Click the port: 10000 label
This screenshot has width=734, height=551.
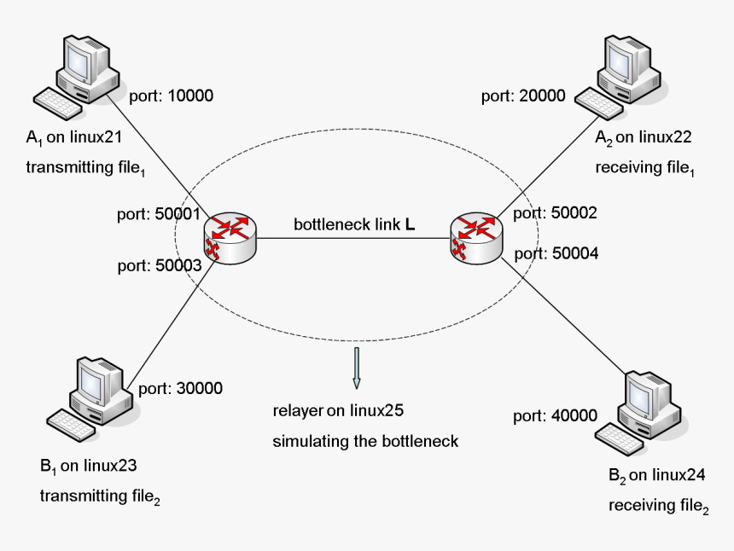[171, 96]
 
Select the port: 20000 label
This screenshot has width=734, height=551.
[523, 96]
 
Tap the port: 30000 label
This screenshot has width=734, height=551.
[180, 388]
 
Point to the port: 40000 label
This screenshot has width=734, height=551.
[555, 415]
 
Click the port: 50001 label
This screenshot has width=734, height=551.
[158, 214]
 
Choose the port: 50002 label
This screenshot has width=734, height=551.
[556, 214]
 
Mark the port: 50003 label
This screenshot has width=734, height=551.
[158, 265]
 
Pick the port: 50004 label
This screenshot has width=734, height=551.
[556, 253]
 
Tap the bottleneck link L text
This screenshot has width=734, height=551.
[354, 225]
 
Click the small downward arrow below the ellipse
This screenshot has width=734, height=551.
[357, 366]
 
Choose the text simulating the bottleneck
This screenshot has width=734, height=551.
[365, 441]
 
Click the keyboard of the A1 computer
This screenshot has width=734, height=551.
[59, 105]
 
